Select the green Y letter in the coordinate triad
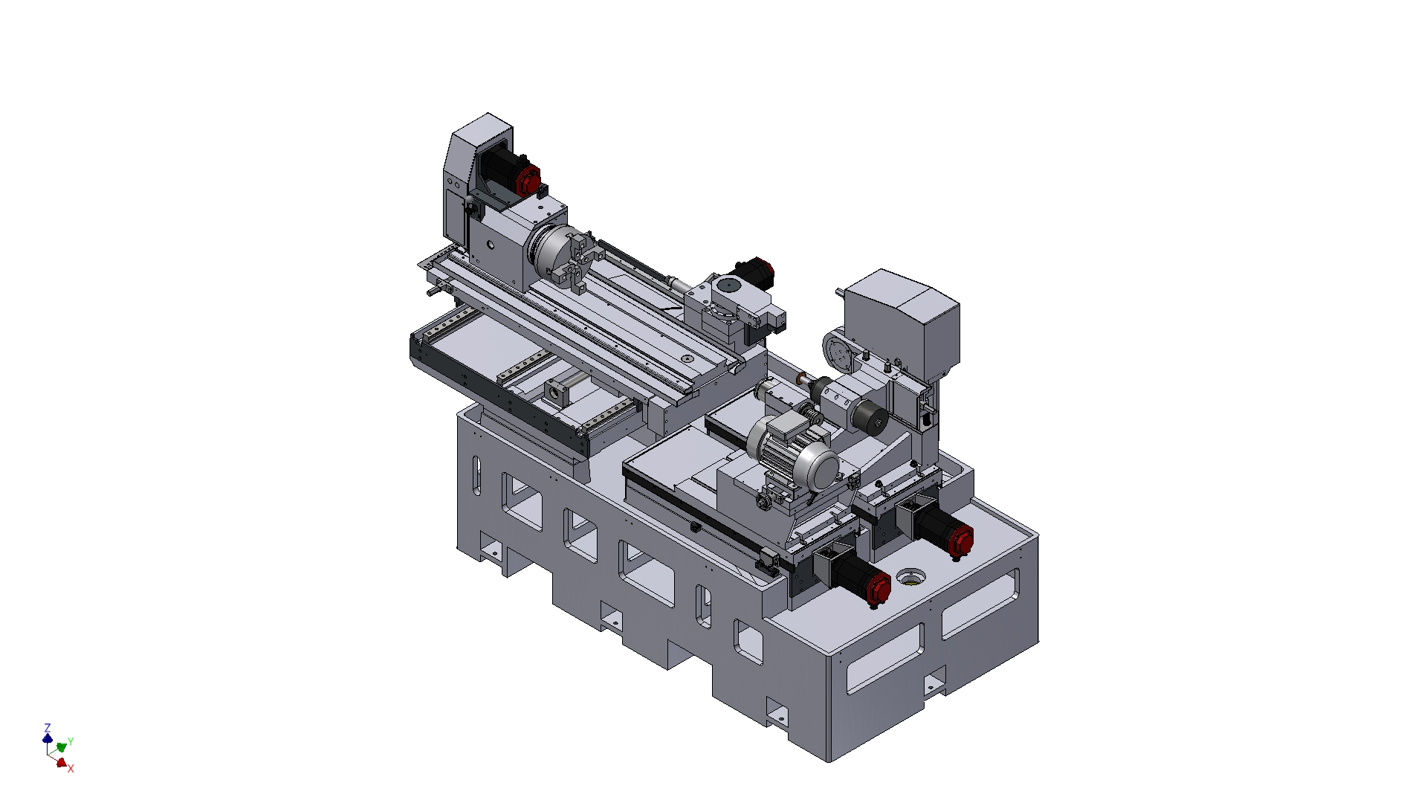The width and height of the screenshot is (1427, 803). pyautogui.click(x=71, y=742)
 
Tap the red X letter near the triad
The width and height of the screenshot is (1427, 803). pyautogui.click(x=71, y=769)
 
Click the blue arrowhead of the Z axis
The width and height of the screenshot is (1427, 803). pyautogui.click(x=48, y=738)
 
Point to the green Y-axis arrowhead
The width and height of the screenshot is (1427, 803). pyautogui.click(x=62, y=746)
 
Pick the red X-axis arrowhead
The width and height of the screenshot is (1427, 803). pyautogui.click(x=62, y=762)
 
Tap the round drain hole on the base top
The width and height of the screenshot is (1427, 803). pyautogui.click(x=910, y=576)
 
